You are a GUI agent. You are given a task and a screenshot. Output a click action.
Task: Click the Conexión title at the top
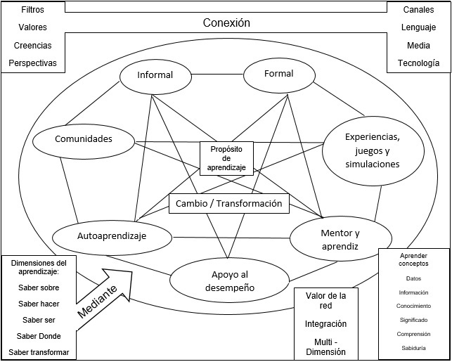tap(226, 22)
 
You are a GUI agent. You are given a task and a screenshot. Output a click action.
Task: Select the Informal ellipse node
tap(155, 75)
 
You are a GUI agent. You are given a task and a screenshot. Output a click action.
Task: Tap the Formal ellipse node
tap(278, 74)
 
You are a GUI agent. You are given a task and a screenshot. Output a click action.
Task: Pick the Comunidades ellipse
tap(84, 139)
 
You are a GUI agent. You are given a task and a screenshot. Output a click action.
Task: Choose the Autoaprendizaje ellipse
tap(112, 237)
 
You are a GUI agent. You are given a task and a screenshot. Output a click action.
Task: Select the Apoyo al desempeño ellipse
tap(231, 280)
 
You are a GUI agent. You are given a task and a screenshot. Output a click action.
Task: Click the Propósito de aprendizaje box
tap(226, 158)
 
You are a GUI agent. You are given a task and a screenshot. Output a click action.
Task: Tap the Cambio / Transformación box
tap(229, 204)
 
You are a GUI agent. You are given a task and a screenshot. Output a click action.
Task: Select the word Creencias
tap(32, 46)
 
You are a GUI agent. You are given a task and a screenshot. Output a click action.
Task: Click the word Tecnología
tap(418, 63)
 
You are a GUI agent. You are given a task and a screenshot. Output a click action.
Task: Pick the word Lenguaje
tap(418, 28)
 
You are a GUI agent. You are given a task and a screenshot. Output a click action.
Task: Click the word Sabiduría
tap(413, 348)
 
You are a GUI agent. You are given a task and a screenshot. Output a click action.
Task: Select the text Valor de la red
tap(325, 301)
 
